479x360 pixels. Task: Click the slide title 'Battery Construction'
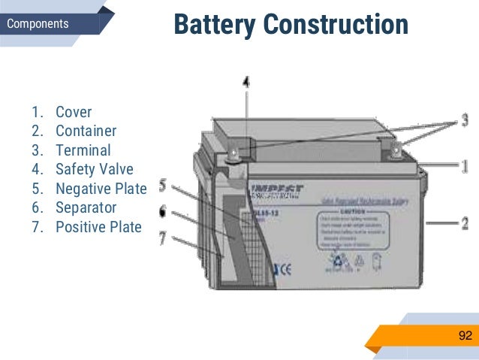291,24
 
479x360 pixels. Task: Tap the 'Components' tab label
38,24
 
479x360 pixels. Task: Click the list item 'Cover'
74,113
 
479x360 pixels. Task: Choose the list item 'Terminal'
83,150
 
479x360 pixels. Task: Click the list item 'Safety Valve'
94,169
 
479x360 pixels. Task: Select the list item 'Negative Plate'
101,188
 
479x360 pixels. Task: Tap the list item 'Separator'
86,207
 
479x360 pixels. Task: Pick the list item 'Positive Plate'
98,225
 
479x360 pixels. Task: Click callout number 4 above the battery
246,83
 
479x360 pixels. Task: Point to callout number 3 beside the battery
465,119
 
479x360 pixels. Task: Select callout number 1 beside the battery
465,165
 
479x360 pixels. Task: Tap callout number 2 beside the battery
465,223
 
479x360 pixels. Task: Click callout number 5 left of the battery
162,185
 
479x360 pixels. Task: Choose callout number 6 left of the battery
162,213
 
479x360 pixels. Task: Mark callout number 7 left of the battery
162,239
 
